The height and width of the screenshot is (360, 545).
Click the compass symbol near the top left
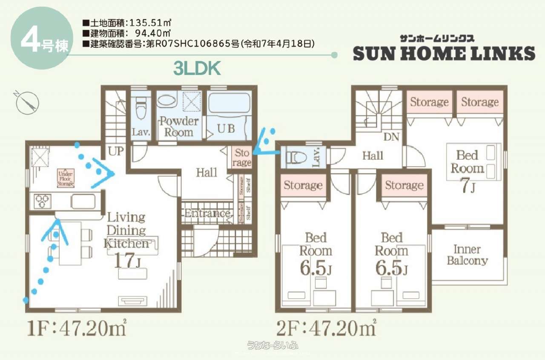27,102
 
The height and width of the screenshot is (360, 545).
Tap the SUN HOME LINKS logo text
444,53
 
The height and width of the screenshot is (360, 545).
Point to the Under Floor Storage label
66,178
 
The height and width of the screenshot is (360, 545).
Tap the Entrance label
207,213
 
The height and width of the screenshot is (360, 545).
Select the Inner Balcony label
467,255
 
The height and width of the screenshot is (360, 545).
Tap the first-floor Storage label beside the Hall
242,157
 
